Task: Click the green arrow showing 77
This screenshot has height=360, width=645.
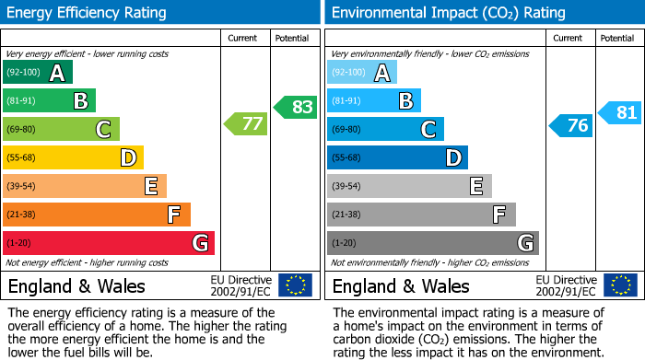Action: point(245,123)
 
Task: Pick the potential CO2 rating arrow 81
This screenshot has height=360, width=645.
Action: point(619,112)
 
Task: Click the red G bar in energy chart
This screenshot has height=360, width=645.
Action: point(109,243)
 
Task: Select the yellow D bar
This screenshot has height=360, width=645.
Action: point(73,157)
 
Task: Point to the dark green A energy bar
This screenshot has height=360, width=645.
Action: point(38,72)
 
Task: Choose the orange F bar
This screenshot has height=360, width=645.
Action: point(97,215)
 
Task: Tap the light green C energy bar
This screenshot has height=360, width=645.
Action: point(61,129)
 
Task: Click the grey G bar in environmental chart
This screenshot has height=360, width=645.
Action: point(432,243)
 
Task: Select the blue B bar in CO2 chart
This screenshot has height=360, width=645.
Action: point(373,100)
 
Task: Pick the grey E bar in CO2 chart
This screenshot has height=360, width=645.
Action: point(409,186)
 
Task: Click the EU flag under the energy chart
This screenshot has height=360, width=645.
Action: point(296,285)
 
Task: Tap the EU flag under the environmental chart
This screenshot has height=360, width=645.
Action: point(620,285)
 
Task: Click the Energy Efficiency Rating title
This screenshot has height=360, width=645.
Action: point(88,13)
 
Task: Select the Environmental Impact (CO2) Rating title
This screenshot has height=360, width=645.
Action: point(448,13)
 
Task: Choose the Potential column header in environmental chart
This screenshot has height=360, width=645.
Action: point(617,38)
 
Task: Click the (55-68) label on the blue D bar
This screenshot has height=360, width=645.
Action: point(346,158)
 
